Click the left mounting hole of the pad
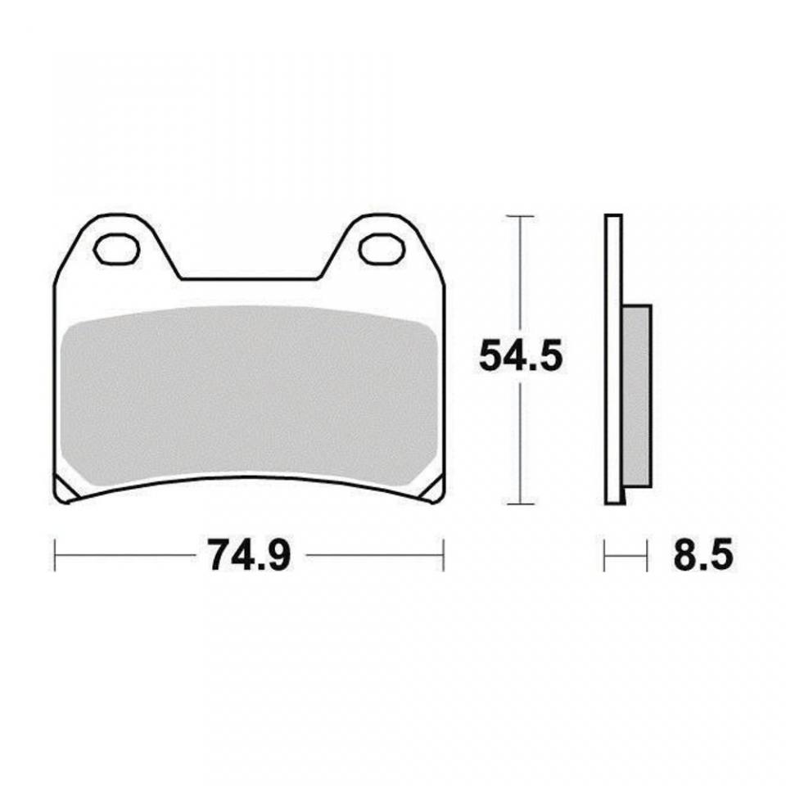tap(115, 249)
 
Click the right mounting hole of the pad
tap(382, 249)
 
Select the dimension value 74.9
tap(249, 556)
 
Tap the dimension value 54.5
tap(521, 357)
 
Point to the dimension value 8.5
tap(703, 556)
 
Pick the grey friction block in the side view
tap(637, 396)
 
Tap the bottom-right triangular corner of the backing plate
tap(434, 489)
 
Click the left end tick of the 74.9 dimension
tap(55, 555)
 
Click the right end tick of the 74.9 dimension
tap(443, 555)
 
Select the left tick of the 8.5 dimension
tap(605, 555)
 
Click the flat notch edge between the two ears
tap(249, 279)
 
